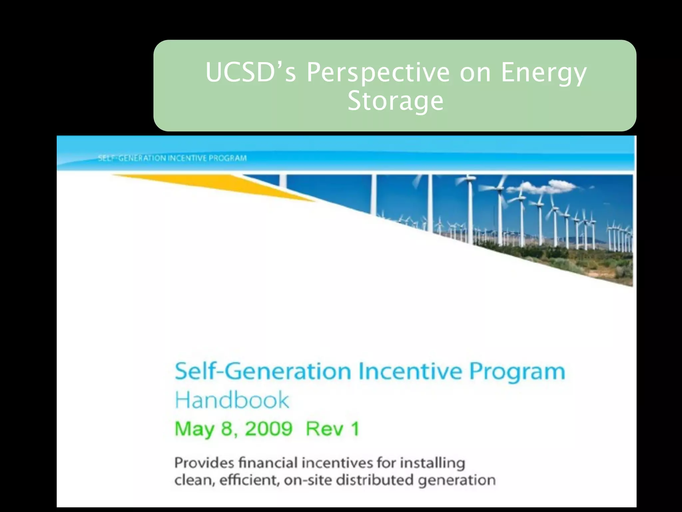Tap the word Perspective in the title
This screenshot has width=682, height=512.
[x=378, y=73]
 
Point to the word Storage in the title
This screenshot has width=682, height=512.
[x=395, y=101]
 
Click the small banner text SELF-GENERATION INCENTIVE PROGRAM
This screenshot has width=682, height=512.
[x=172, y=158]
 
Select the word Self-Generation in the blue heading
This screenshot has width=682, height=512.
[x=263, y=371]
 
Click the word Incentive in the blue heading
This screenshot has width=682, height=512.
[x=410, y=371]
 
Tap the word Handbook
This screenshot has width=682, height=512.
[x=232, y=400]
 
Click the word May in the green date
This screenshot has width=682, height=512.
[x=194, y=429]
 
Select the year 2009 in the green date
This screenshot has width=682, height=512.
[x=269, y=429]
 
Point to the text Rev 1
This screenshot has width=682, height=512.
[x=332, y=429]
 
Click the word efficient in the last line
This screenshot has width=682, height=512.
[x=249, y=480]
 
